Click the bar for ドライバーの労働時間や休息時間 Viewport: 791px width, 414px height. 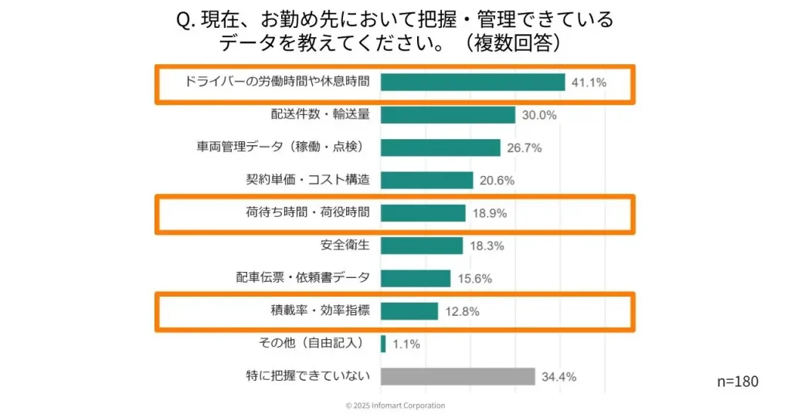(x=473, y=82)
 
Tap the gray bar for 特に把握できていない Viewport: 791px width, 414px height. (x=457, y=377)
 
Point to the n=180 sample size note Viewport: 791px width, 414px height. (x=738, y=382)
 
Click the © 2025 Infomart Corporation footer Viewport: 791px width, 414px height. (x=395, y=406)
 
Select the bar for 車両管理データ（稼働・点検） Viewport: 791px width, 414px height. (x=440, y=148)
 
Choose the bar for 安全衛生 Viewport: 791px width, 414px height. (x=421, y=246)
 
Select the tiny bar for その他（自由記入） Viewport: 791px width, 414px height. (x=383, y=344)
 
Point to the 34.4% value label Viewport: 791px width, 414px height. (x=558, y=377)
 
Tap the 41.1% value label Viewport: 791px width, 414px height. (x=589, y=83)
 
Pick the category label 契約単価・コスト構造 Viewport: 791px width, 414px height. (x=307, y=180)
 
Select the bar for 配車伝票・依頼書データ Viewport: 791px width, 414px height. (x=415, y=278)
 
